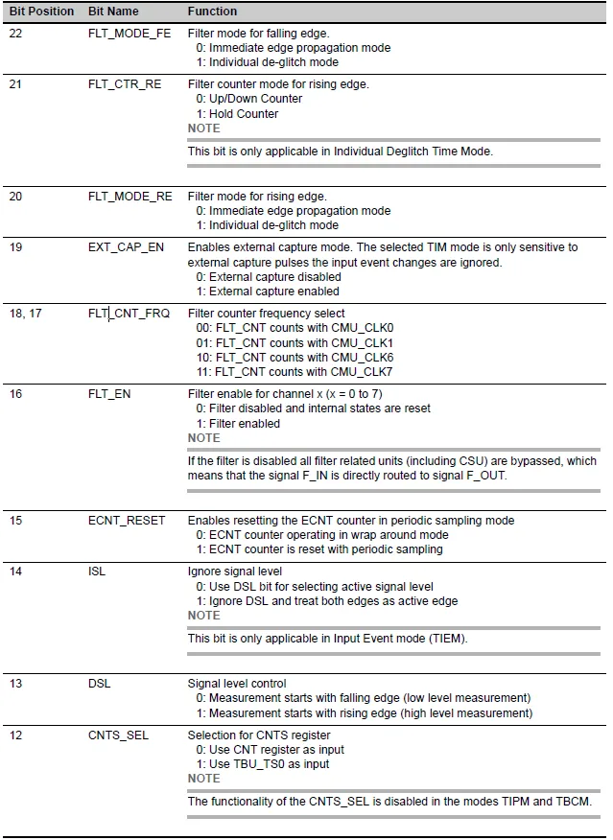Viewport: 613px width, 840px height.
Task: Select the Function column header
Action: pos(212,12)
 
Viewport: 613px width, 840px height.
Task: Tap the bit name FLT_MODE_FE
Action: pos(129,34)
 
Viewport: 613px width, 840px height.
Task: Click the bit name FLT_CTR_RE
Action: pos(125,84)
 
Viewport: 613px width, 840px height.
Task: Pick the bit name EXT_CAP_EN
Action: pos(126,247)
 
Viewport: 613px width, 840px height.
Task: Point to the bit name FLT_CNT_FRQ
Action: pos(129,314)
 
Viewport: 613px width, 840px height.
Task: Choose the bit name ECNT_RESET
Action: pos(127,521)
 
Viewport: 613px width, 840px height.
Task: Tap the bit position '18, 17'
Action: pos(26,314)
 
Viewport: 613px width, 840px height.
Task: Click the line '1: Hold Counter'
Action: pos(237,114)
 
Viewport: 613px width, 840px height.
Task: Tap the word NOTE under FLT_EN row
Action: pos(203,438)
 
